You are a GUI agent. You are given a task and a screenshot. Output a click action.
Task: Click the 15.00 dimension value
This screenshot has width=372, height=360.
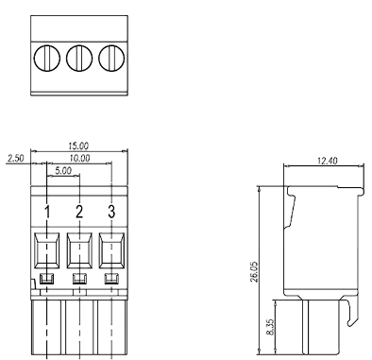pyautogui.click(x=78, y=146)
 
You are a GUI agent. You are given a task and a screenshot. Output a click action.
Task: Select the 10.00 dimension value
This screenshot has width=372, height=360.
pyautogui.click(x=78, y=159)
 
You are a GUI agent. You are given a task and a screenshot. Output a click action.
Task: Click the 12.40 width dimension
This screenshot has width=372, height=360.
pyautogui.click(x=329, y=162)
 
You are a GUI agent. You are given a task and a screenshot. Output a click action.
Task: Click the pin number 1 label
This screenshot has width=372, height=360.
pyautogui.click(x=46, y=210)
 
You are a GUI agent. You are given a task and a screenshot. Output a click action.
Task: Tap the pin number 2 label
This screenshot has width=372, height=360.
pyautogui.click(x=79, y=210)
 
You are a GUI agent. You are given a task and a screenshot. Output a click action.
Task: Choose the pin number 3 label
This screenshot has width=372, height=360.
pyautogui.click(x=111, y=210)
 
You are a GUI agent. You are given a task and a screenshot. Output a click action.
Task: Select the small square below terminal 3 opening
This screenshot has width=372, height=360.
pyautogui.click(x=111, y=278)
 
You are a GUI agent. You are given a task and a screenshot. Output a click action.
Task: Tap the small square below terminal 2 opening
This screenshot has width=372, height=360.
pyautogui.click(x=79, y=278)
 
